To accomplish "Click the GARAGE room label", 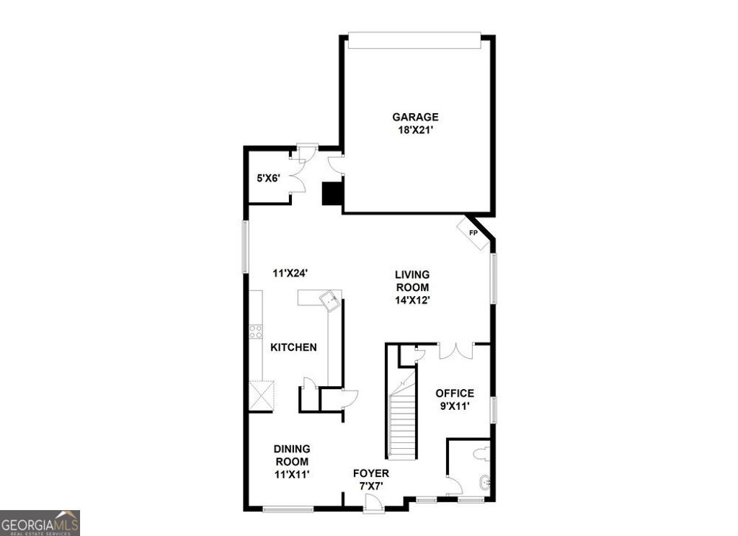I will (x=414, y=117).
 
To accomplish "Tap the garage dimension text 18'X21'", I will (x=414, y=130).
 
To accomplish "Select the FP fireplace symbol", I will (x=473, y=233).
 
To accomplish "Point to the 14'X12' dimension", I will (x=412, y=300).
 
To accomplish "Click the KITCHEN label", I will (x=293, y=347).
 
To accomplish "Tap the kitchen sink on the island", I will (x=331, y=300).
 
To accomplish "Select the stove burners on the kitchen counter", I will (x=256, y=332).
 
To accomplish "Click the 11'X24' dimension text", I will (x=291, y=272).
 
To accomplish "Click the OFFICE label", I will (x=455, y=393).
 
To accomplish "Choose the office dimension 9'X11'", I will (x=455, y=406).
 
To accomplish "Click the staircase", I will (x=403, y=425).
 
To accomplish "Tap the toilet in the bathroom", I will (x=484, y=453).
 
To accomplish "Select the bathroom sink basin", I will (x=484, y=483).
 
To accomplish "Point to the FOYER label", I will (x=370, y=473).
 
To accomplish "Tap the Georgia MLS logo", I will (x=40, y=523).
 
